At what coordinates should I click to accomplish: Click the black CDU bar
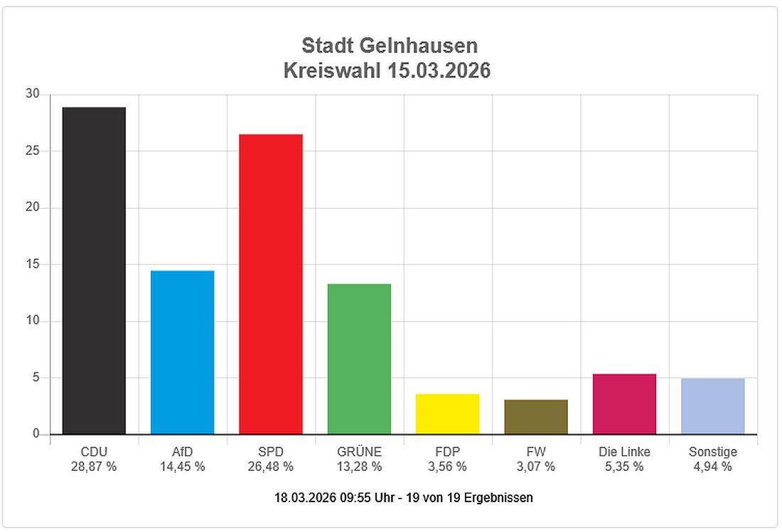pyautogui.click(x=94, y=271)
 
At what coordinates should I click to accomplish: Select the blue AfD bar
pyautogui.click(x=182, y=352)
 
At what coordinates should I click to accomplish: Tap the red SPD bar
pyautogui.click(x=270, y=284)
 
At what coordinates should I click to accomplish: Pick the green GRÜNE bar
pyautogui.click(x=359, y=359)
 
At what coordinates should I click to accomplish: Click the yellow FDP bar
pyautogui.click(x=447, y=414)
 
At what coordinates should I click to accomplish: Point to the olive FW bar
pyautogui.click(x=535, y=417)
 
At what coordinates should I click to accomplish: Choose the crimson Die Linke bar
pyautogui.click(x=624, y=404)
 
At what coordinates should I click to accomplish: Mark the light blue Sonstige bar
pyautogui.click(x=712, y=406)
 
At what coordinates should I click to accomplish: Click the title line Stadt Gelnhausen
pyautogui.click(x=390, y=45)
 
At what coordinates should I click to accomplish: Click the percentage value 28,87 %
pyautogui.click(x=94, y=467)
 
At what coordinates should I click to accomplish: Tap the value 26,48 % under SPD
pyautogui.click(x=270, y=467)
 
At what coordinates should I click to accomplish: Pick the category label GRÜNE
pyautogui.click(x=359, y=452)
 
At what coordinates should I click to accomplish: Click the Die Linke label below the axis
pyautogui.click(x=624, y=452)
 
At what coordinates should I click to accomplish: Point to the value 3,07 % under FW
pyautogui.click(x=535, y=467)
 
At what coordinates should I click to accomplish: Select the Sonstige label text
pyautogui.click(x=712, y=452)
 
